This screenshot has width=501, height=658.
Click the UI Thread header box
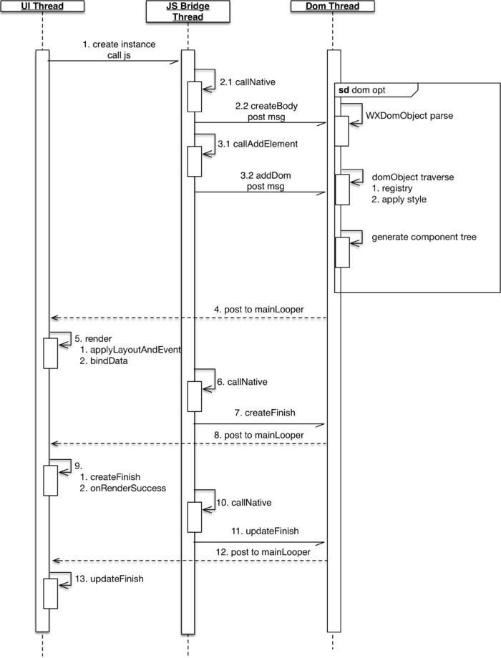coord(42,6)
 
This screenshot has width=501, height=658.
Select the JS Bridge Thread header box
coord(188,11)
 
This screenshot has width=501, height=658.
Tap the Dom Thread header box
coord(334,6)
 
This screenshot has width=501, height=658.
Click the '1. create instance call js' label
coord(119,49)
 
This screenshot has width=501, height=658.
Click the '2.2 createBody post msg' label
coord(264,110)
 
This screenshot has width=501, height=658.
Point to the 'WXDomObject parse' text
coord(409,114)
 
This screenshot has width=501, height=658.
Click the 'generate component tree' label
coord(424,237)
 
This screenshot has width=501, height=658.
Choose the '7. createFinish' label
coord(264,413)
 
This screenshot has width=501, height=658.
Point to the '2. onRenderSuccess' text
coord(123,488)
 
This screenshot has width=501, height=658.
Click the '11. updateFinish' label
coord(263,531)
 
